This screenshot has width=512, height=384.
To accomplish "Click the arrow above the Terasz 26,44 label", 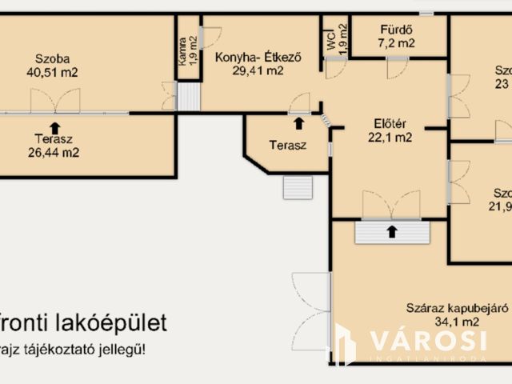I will coord(54,126).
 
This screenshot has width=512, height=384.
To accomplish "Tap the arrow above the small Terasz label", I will coord(298,122).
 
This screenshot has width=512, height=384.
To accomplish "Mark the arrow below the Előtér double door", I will coord(391,232).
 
